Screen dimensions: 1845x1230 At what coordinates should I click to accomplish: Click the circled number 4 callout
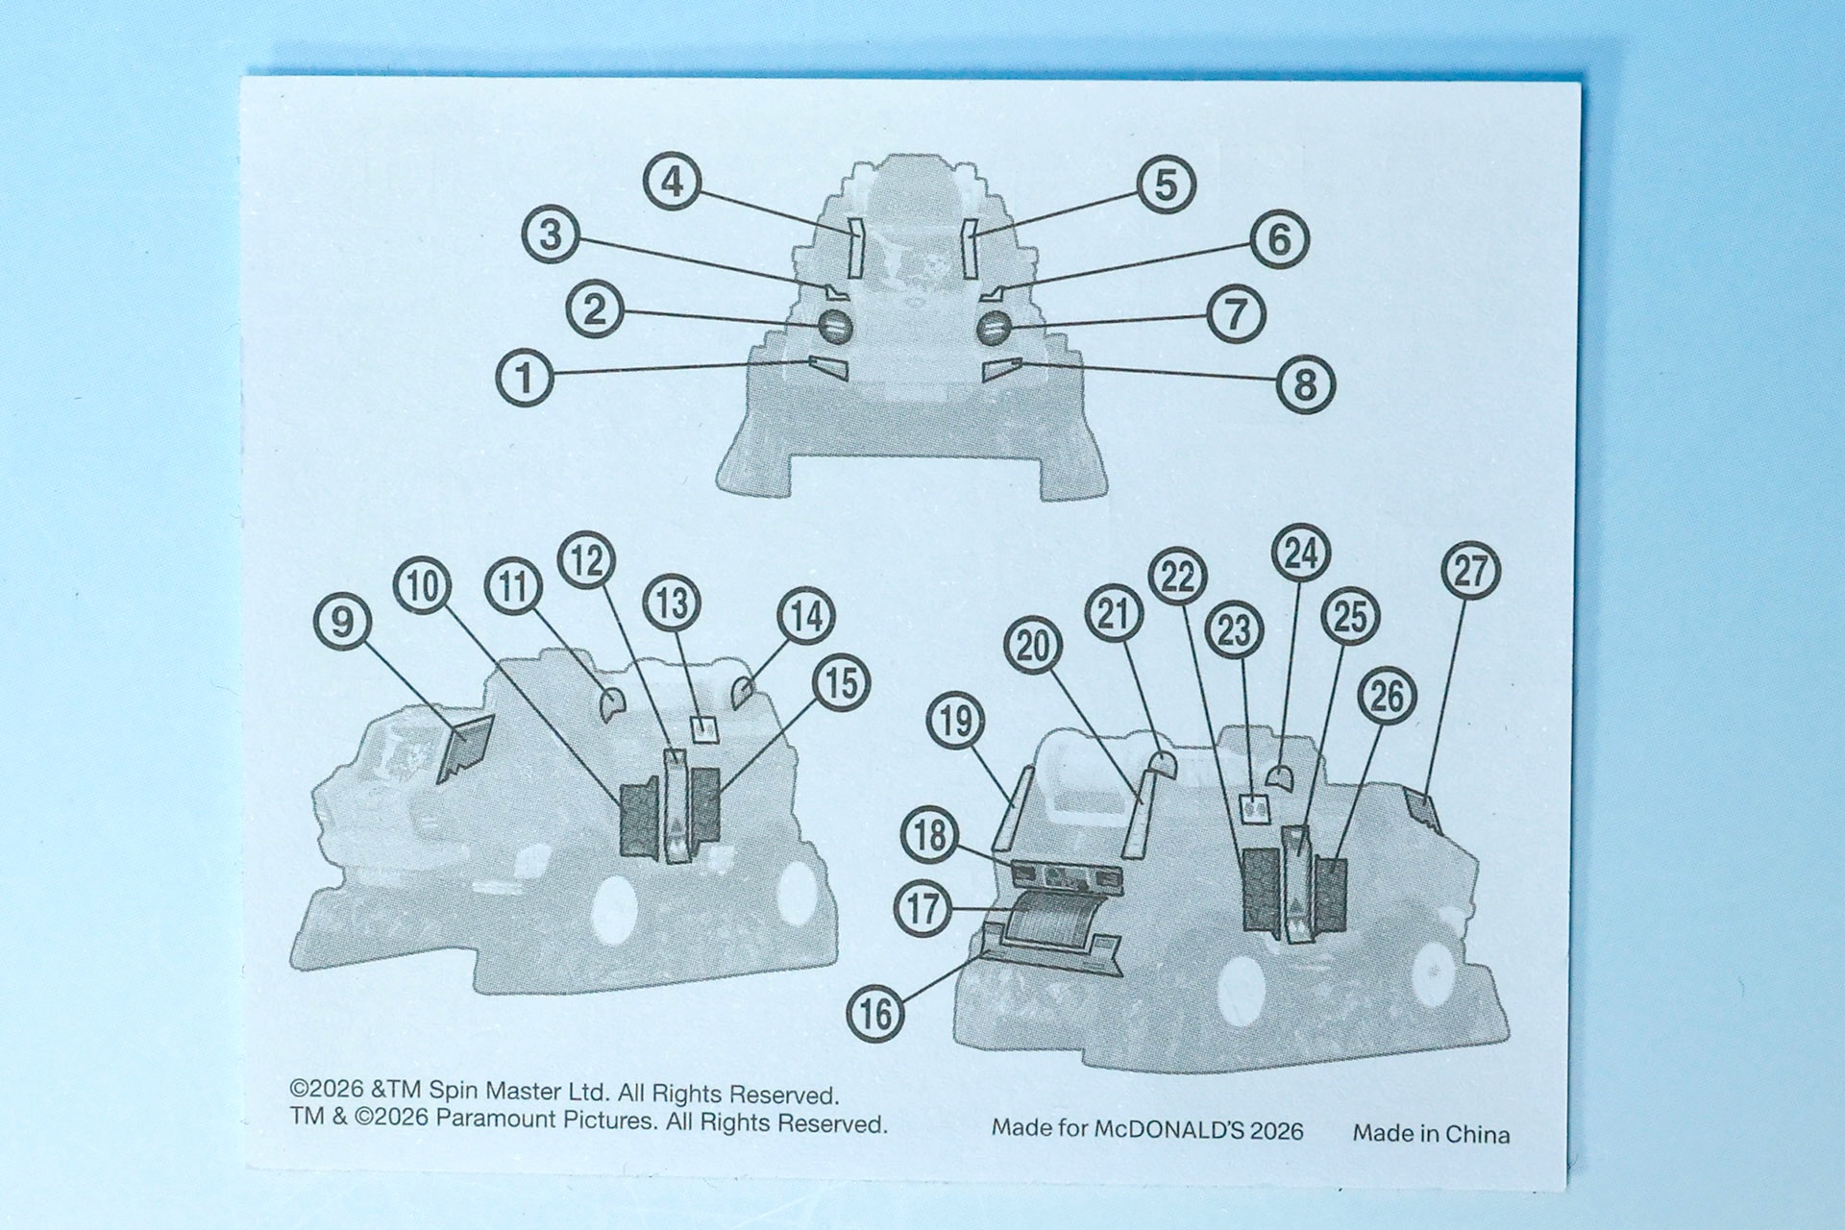click(673, 182)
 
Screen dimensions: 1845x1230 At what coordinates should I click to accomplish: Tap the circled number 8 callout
click(1305, 384)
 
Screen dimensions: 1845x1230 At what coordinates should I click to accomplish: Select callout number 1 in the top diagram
click(525, 377)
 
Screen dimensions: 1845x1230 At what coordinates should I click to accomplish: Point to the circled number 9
click(342, 621)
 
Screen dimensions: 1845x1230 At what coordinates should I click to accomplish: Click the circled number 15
click(842, 683)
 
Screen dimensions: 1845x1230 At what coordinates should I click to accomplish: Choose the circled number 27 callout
click(1471, 571)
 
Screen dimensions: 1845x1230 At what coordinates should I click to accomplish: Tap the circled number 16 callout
click(875, 1013)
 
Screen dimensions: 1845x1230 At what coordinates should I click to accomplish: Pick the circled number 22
click(1179, 576)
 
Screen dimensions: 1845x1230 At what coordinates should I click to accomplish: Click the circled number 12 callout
click(587, 560)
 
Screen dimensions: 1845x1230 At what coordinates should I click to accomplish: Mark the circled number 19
click(956, 720)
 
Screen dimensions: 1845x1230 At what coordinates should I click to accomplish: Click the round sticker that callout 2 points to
click(835, 328)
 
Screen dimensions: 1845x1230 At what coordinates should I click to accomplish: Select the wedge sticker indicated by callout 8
click(1002, 369)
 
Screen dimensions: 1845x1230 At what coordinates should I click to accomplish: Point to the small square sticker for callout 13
click(704, 729)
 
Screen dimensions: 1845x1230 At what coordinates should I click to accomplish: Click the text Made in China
click(1431, 1134)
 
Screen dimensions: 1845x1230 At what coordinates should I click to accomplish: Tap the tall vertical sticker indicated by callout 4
click(855, 248)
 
